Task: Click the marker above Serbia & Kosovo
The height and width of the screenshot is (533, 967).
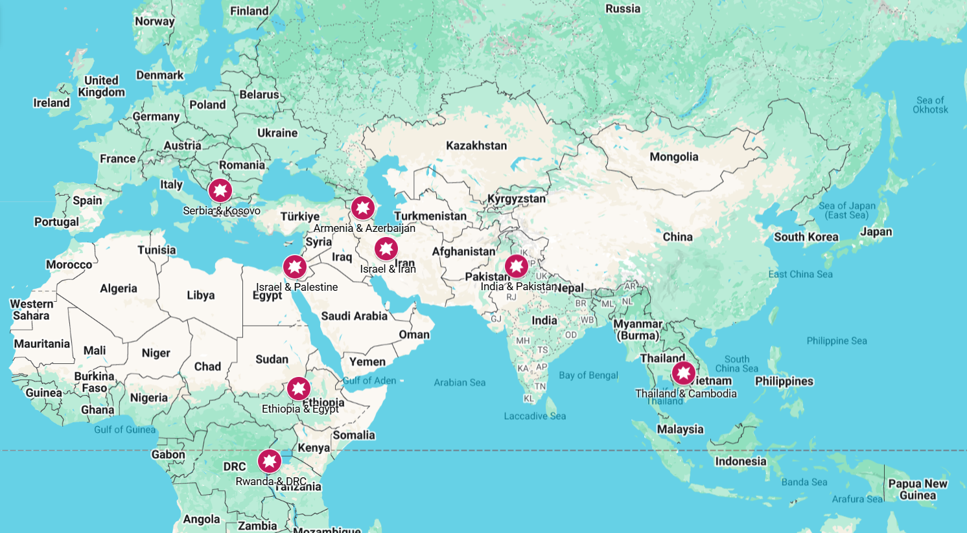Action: [x=220, y=191]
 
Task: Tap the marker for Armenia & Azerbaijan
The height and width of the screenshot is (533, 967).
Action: [x=363, y=209]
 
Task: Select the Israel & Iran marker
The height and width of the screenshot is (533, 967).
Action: [x=386, y=249]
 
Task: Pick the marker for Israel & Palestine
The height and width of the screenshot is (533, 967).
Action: [x=295, y=267]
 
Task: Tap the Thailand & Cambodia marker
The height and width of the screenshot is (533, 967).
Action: [x=683, y=374]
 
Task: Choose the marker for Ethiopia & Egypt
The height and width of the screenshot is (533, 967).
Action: [x=299, y=389]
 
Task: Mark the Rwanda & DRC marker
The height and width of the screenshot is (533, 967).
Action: [x=270, y=461]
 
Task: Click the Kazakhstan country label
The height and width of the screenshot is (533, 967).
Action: [x=476, y=146]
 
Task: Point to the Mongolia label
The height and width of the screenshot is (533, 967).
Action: [x=674, y=157]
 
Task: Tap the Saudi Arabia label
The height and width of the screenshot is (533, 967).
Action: [x=354, y=316]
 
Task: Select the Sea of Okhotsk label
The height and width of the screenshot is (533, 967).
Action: [x=930, y=105]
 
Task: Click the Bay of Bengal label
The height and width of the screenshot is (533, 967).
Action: [x=588, y=375]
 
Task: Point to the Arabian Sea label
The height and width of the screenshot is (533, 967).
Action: [x=460, y=383]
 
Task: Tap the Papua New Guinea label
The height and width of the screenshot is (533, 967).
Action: [x=918, y=490]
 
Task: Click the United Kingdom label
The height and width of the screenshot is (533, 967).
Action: [x=101, y=86]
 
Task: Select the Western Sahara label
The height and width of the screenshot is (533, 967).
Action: [x=31, y=310]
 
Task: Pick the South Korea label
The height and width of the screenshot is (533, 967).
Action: [x=806, y=237]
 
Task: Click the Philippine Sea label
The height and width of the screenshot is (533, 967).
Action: [x=837, y=341]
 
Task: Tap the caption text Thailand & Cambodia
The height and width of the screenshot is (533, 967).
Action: [x=686, y=394]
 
